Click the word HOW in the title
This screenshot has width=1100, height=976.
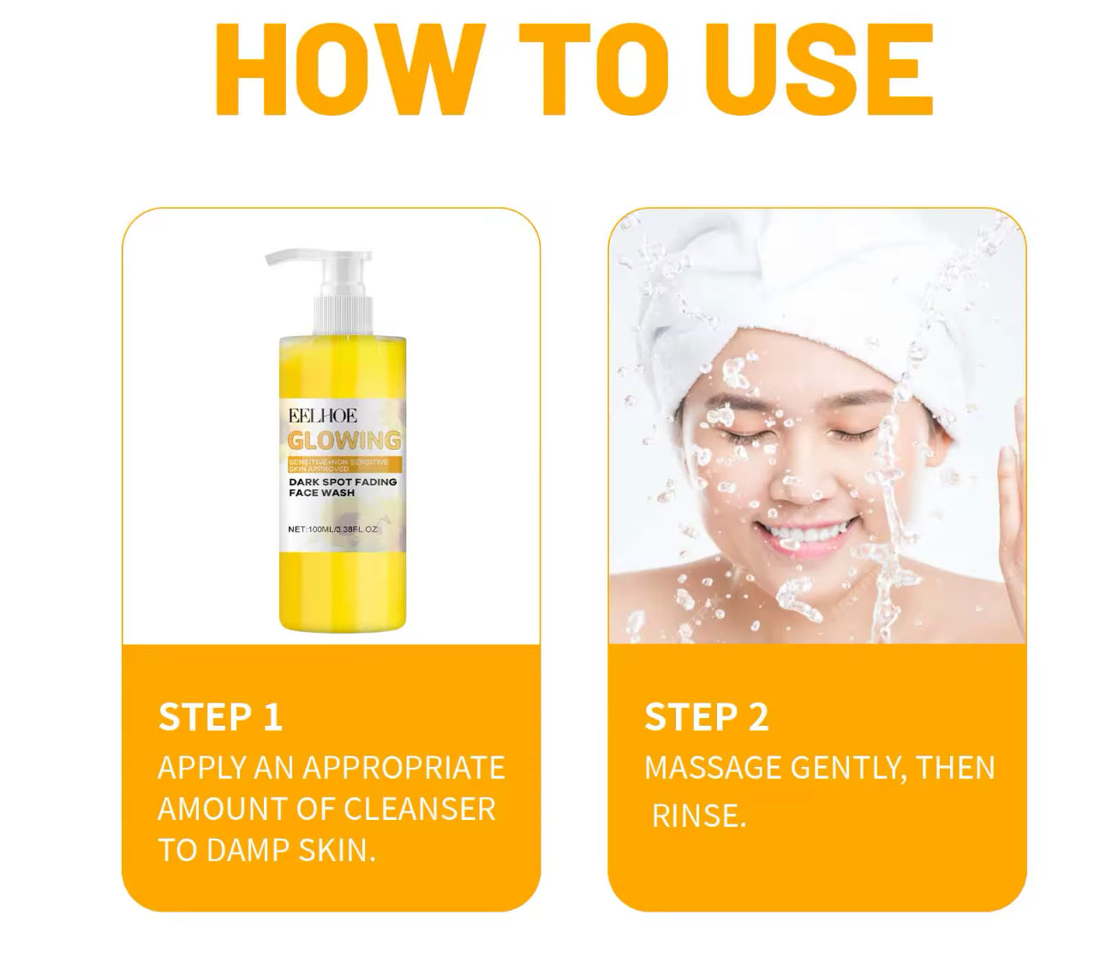pyautogui.click(x=348, y=69)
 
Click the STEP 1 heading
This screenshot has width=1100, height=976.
pyautogui.click(x=220, y=717)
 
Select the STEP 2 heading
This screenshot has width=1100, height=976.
pyautogui.click(x=707, y=717)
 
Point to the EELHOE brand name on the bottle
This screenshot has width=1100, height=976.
pyautogui.click(x=322, y=416)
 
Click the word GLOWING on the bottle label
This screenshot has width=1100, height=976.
pyautogui.click(x=344, y=440)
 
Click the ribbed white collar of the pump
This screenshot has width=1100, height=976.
pyautogui.click(x=344, y=316)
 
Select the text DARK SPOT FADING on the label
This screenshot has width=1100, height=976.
pyautogui.click(x=343, y=482)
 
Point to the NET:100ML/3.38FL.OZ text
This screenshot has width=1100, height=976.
pyautogui.click(x=332, y=529)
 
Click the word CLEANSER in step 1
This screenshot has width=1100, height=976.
pyautogui.click(x=419, y=809)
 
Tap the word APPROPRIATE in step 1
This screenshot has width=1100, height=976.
pyautogui.click(x=404, y=767)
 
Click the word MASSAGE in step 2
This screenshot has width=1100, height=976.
pyautogui.click(x=712, y=768)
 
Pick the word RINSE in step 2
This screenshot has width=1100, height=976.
pyautogui.click(x=698, y=815)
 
